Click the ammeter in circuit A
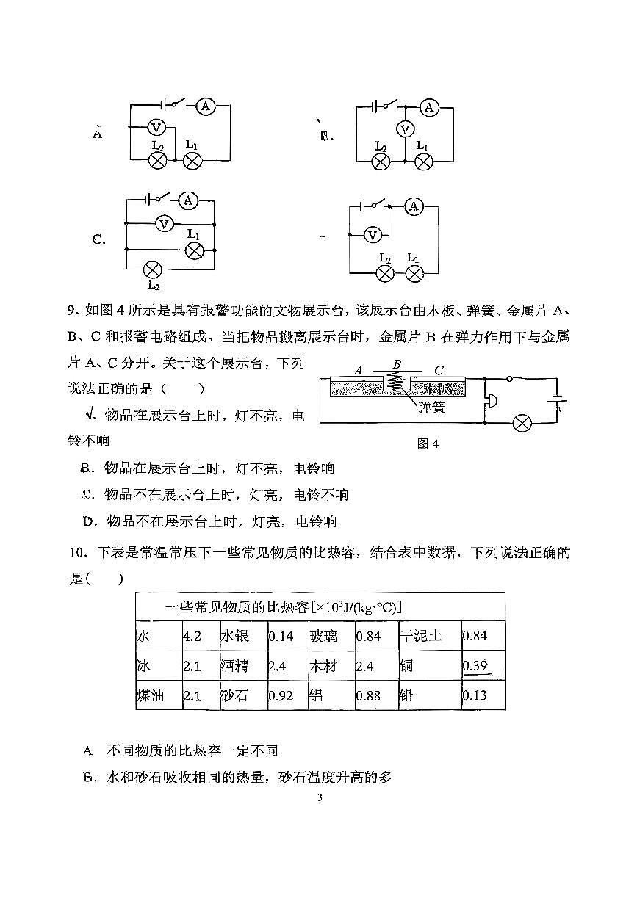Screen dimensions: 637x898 (x=206, y=107)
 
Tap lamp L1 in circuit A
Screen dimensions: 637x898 (x=192, y=161)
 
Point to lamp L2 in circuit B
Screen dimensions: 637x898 (x=381, y=162)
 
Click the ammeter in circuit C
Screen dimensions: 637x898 (x=189, y=200)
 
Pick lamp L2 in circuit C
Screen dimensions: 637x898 (x=153, y=269)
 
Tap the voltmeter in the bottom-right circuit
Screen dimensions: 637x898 (x=373, y=235)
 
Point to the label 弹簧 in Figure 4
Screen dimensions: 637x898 (x=432, y=408)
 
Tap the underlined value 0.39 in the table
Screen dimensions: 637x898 (x=476, y=666)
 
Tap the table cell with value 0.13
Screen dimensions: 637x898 (x=475, y=695)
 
